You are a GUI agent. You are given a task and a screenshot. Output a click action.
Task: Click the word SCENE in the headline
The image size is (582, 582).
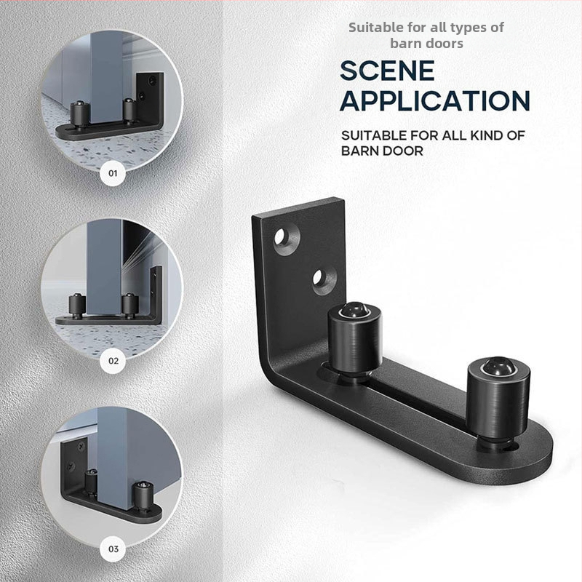[387, 71]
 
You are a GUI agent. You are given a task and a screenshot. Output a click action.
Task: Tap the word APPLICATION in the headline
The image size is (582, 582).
[435, 100]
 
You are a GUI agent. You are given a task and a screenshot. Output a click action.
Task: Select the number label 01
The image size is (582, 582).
[113, 173]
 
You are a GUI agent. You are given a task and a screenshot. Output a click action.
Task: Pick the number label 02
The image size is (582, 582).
[113, 361]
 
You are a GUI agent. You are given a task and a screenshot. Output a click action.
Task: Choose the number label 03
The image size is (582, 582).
[113, 549]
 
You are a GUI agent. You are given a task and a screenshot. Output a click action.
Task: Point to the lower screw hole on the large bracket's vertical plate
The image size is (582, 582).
[323, 279]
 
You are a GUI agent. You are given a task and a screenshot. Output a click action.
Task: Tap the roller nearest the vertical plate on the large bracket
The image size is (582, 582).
[354, 340]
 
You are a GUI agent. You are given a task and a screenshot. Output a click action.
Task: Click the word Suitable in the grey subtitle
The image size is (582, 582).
[375, 28]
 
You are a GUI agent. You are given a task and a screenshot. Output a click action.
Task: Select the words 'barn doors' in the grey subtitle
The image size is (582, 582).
[426, 44]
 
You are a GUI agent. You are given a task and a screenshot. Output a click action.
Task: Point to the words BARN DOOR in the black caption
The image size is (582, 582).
[382, 151]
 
